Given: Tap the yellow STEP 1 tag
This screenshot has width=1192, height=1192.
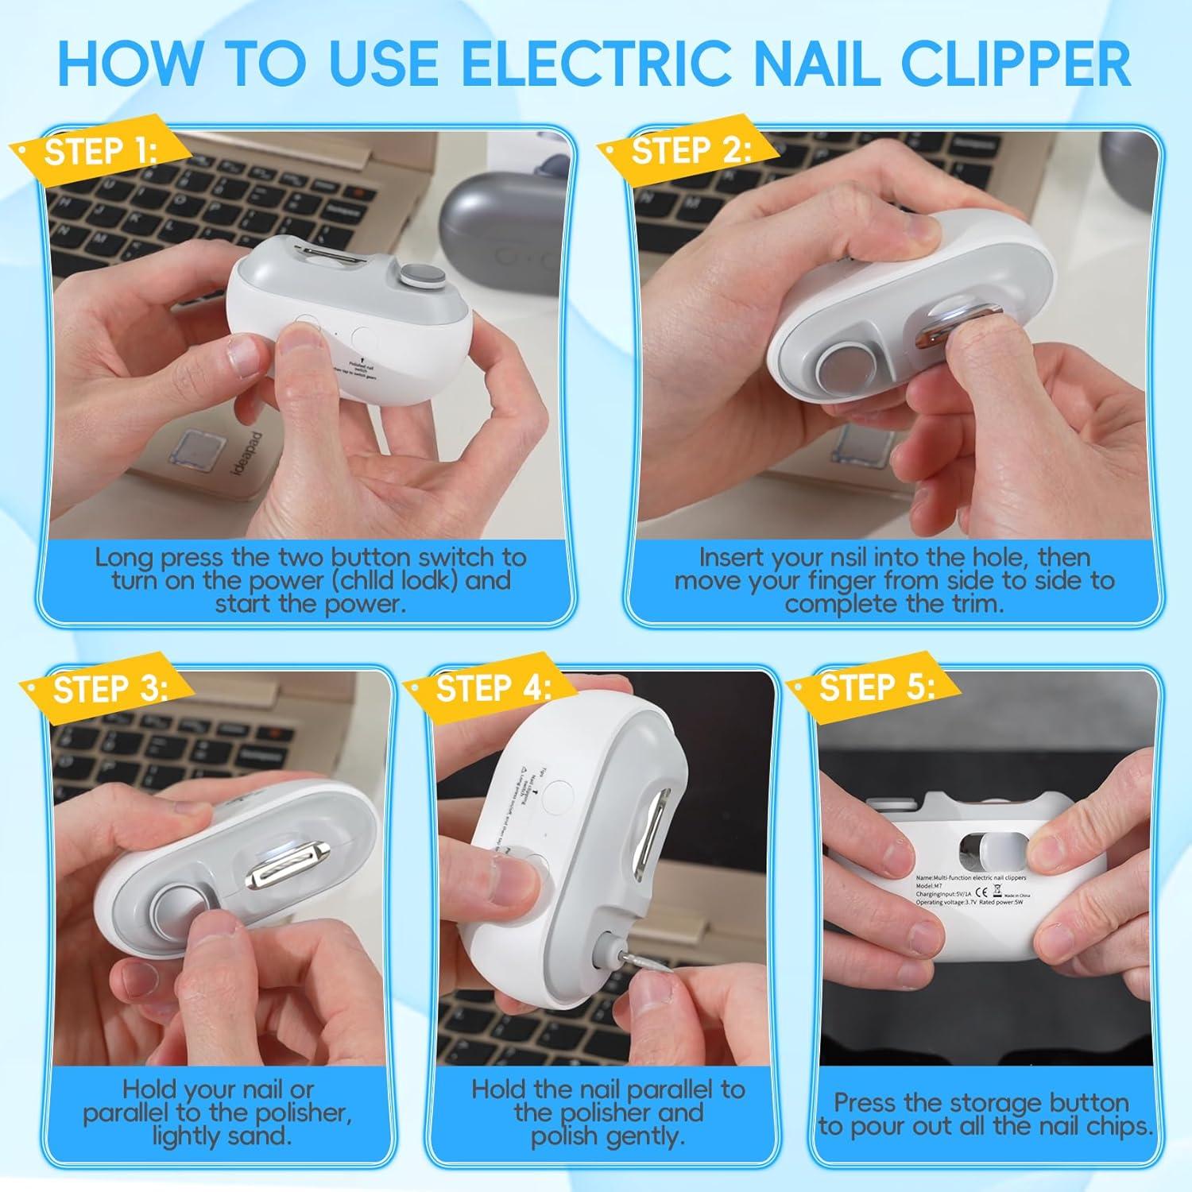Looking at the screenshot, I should pyautogui.click(x=99, y=151).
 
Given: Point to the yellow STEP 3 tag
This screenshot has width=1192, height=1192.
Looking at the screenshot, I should pyautogui.click(x=110, y=689).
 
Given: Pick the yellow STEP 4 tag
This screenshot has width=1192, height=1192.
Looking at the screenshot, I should pyautogui.click(x=493, y=688).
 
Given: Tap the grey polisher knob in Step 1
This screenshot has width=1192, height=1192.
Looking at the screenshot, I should pyautogui.click(x=412, y=278).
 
